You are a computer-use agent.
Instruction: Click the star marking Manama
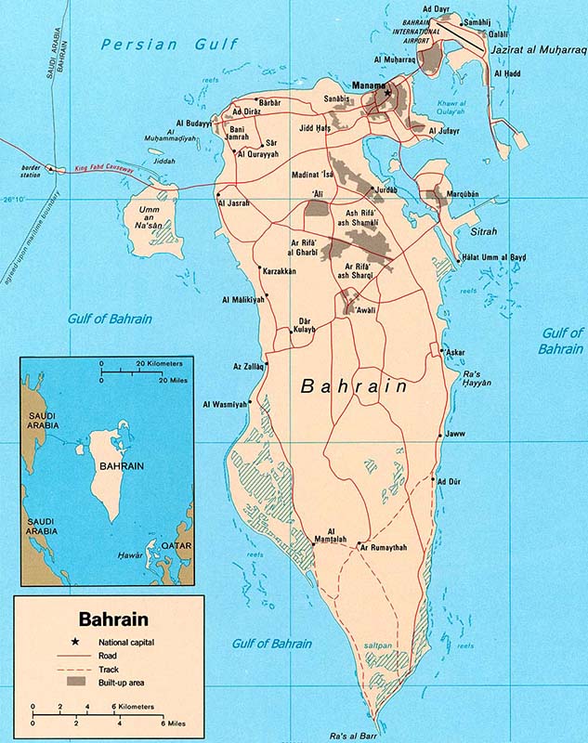389,93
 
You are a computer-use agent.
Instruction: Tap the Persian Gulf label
171,44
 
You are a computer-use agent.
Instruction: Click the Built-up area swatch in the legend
75,683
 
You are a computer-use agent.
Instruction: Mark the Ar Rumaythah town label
384,548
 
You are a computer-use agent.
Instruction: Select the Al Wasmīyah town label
226,404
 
